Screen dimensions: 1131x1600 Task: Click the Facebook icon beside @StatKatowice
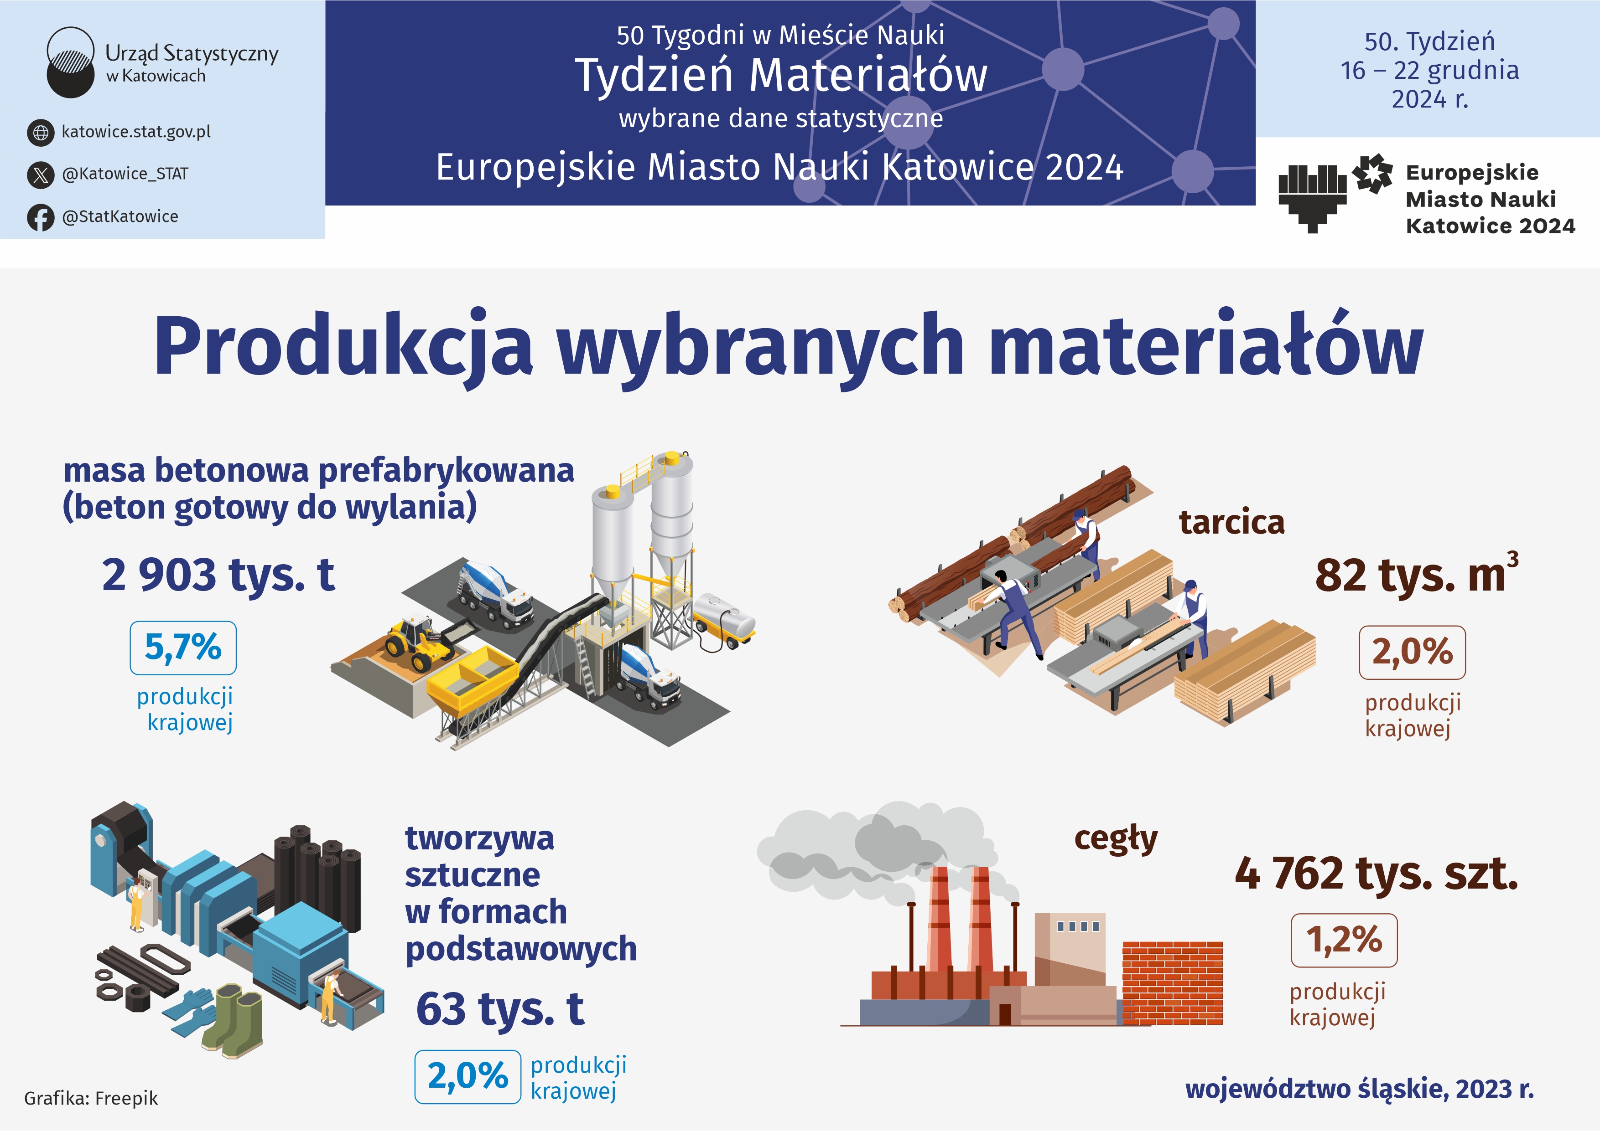point(41,217)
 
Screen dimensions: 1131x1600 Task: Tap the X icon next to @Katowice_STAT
point(41,174)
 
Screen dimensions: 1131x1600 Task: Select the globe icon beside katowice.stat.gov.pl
point(41,132)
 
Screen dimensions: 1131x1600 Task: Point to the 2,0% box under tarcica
point(1412,653)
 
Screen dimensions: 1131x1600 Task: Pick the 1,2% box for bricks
point(1344,940)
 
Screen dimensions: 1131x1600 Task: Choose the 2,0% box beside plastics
point(468,1077)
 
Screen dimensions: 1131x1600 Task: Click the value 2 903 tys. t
point(218,575)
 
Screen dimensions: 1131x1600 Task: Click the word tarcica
point(1231,522)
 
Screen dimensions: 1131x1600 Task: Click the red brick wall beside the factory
point(1172,982)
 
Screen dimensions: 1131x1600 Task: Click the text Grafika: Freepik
point(91,1098)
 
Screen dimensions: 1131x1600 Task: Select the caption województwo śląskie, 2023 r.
point(1360,1089)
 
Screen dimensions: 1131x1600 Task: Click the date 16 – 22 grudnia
point(1429,70)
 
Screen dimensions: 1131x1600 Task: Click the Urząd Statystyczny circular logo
point(70,62)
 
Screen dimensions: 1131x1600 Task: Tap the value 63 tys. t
point(499,1009)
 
